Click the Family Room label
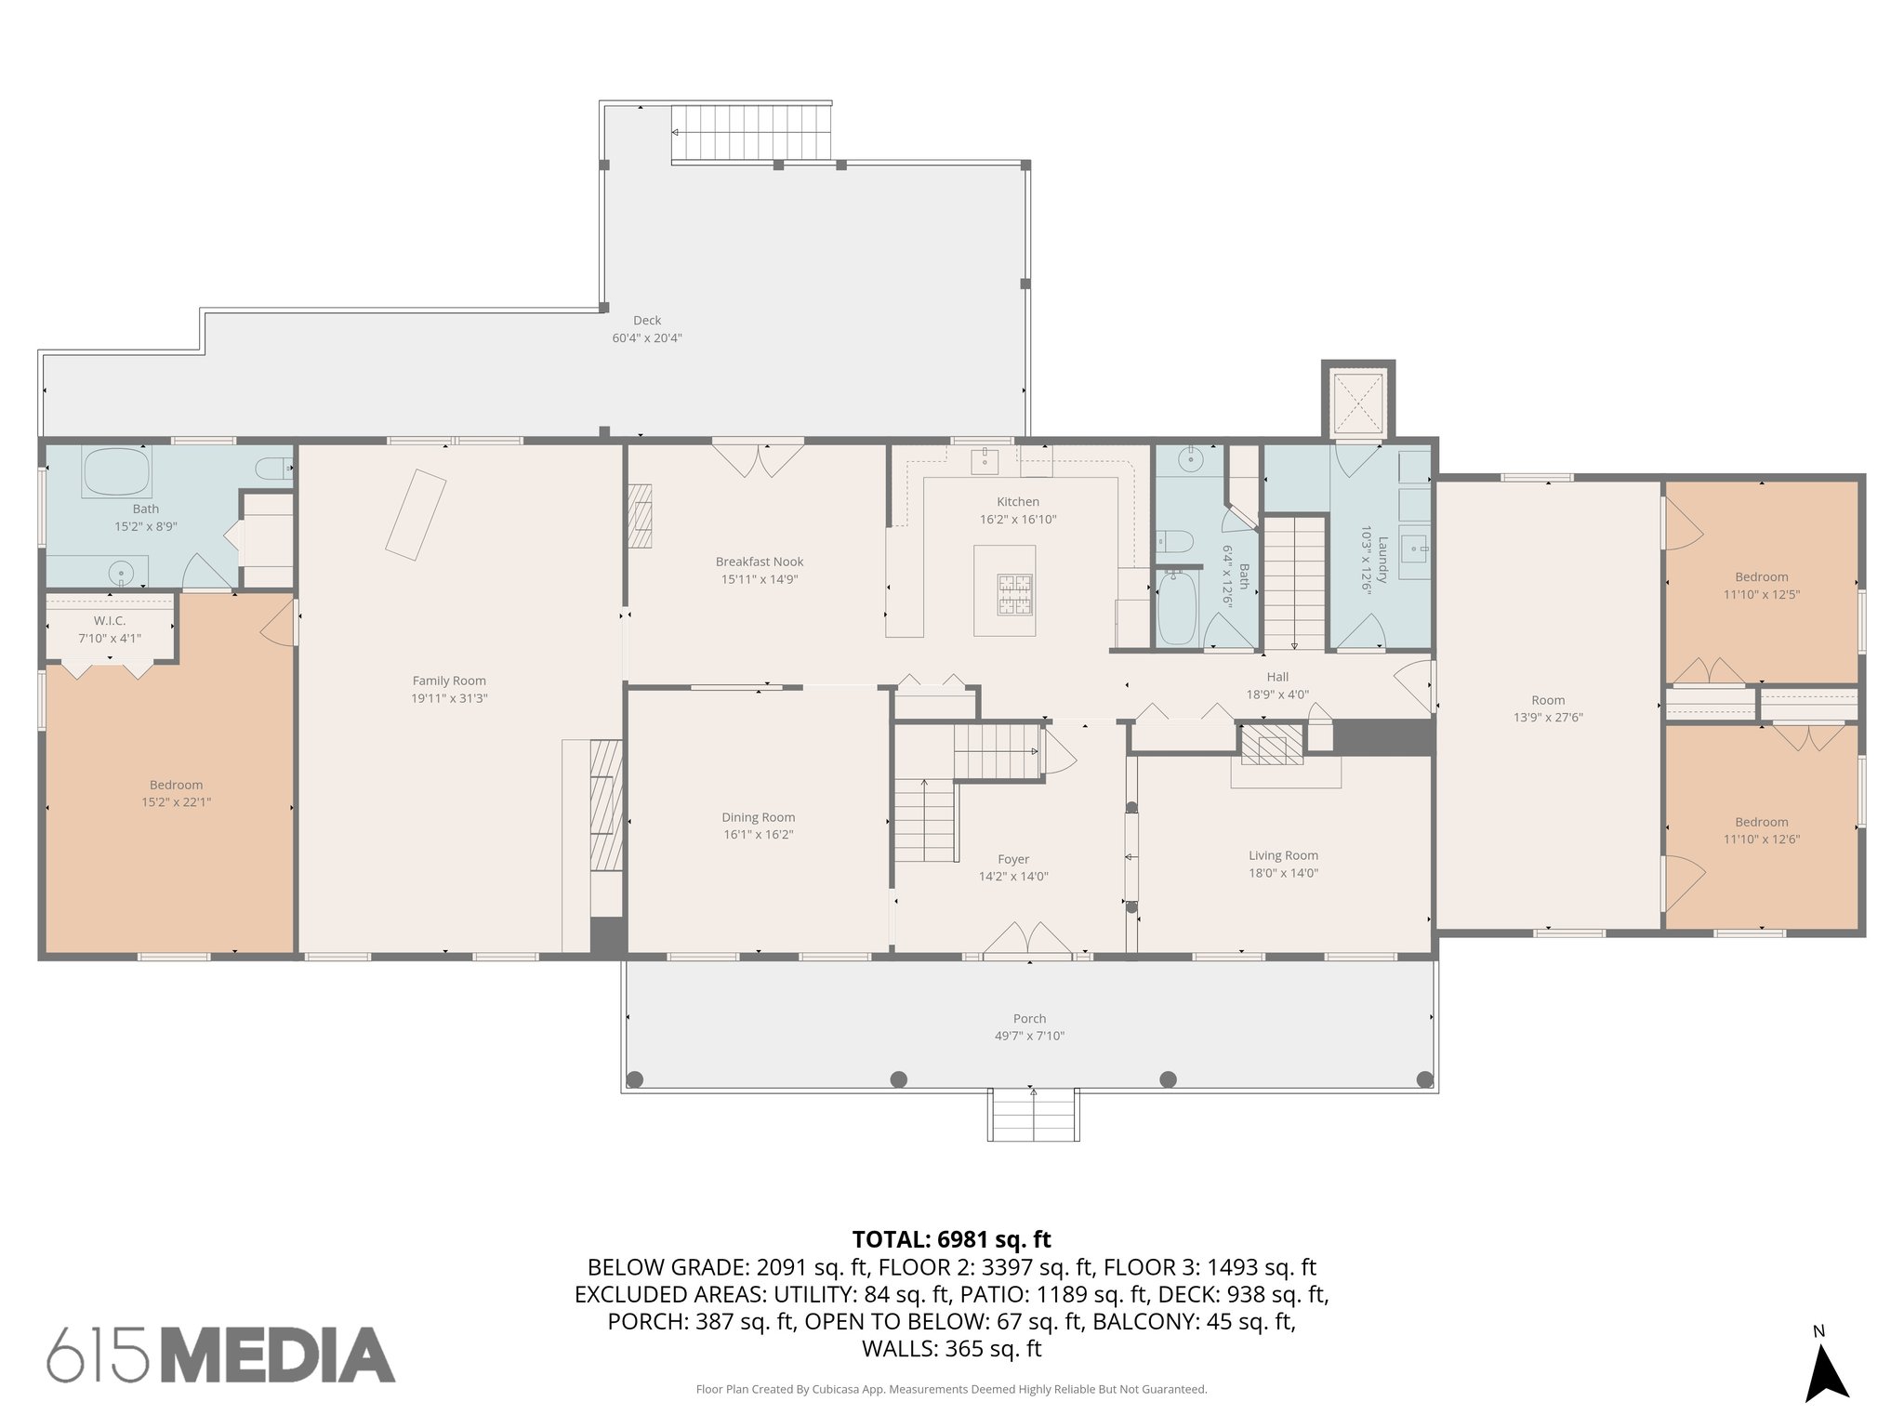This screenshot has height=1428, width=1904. [x=449, y=681]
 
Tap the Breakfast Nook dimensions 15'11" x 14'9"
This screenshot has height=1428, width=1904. [x=760, y=579]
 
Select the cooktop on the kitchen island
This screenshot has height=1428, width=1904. [x=1014, y=594]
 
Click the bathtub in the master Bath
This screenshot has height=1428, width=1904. [x=116, y=472]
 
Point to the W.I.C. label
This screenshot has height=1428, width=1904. [x=110, y=620]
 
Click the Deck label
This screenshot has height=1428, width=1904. [x=647, y=321]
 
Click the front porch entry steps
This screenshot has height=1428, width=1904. [x=1033, y=1115]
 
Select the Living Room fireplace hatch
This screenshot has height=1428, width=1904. [x=1274, y=744]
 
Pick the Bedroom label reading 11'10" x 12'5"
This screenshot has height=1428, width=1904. [x=1761, y=576]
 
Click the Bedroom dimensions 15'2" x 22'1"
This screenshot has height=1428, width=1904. [x=176, y=801]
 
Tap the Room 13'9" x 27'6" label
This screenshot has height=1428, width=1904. [x=1548, y=700]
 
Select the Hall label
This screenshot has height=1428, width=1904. [x=1276, y=677]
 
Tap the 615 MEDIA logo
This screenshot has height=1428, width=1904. [x=221, y=1355]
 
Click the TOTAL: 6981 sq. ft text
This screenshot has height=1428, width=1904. [x=951, y=1239]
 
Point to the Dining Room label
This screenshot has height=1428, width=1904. [x=758, y=817]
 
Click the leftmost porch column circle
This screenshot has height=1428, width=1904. [x=635, y=1079]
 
